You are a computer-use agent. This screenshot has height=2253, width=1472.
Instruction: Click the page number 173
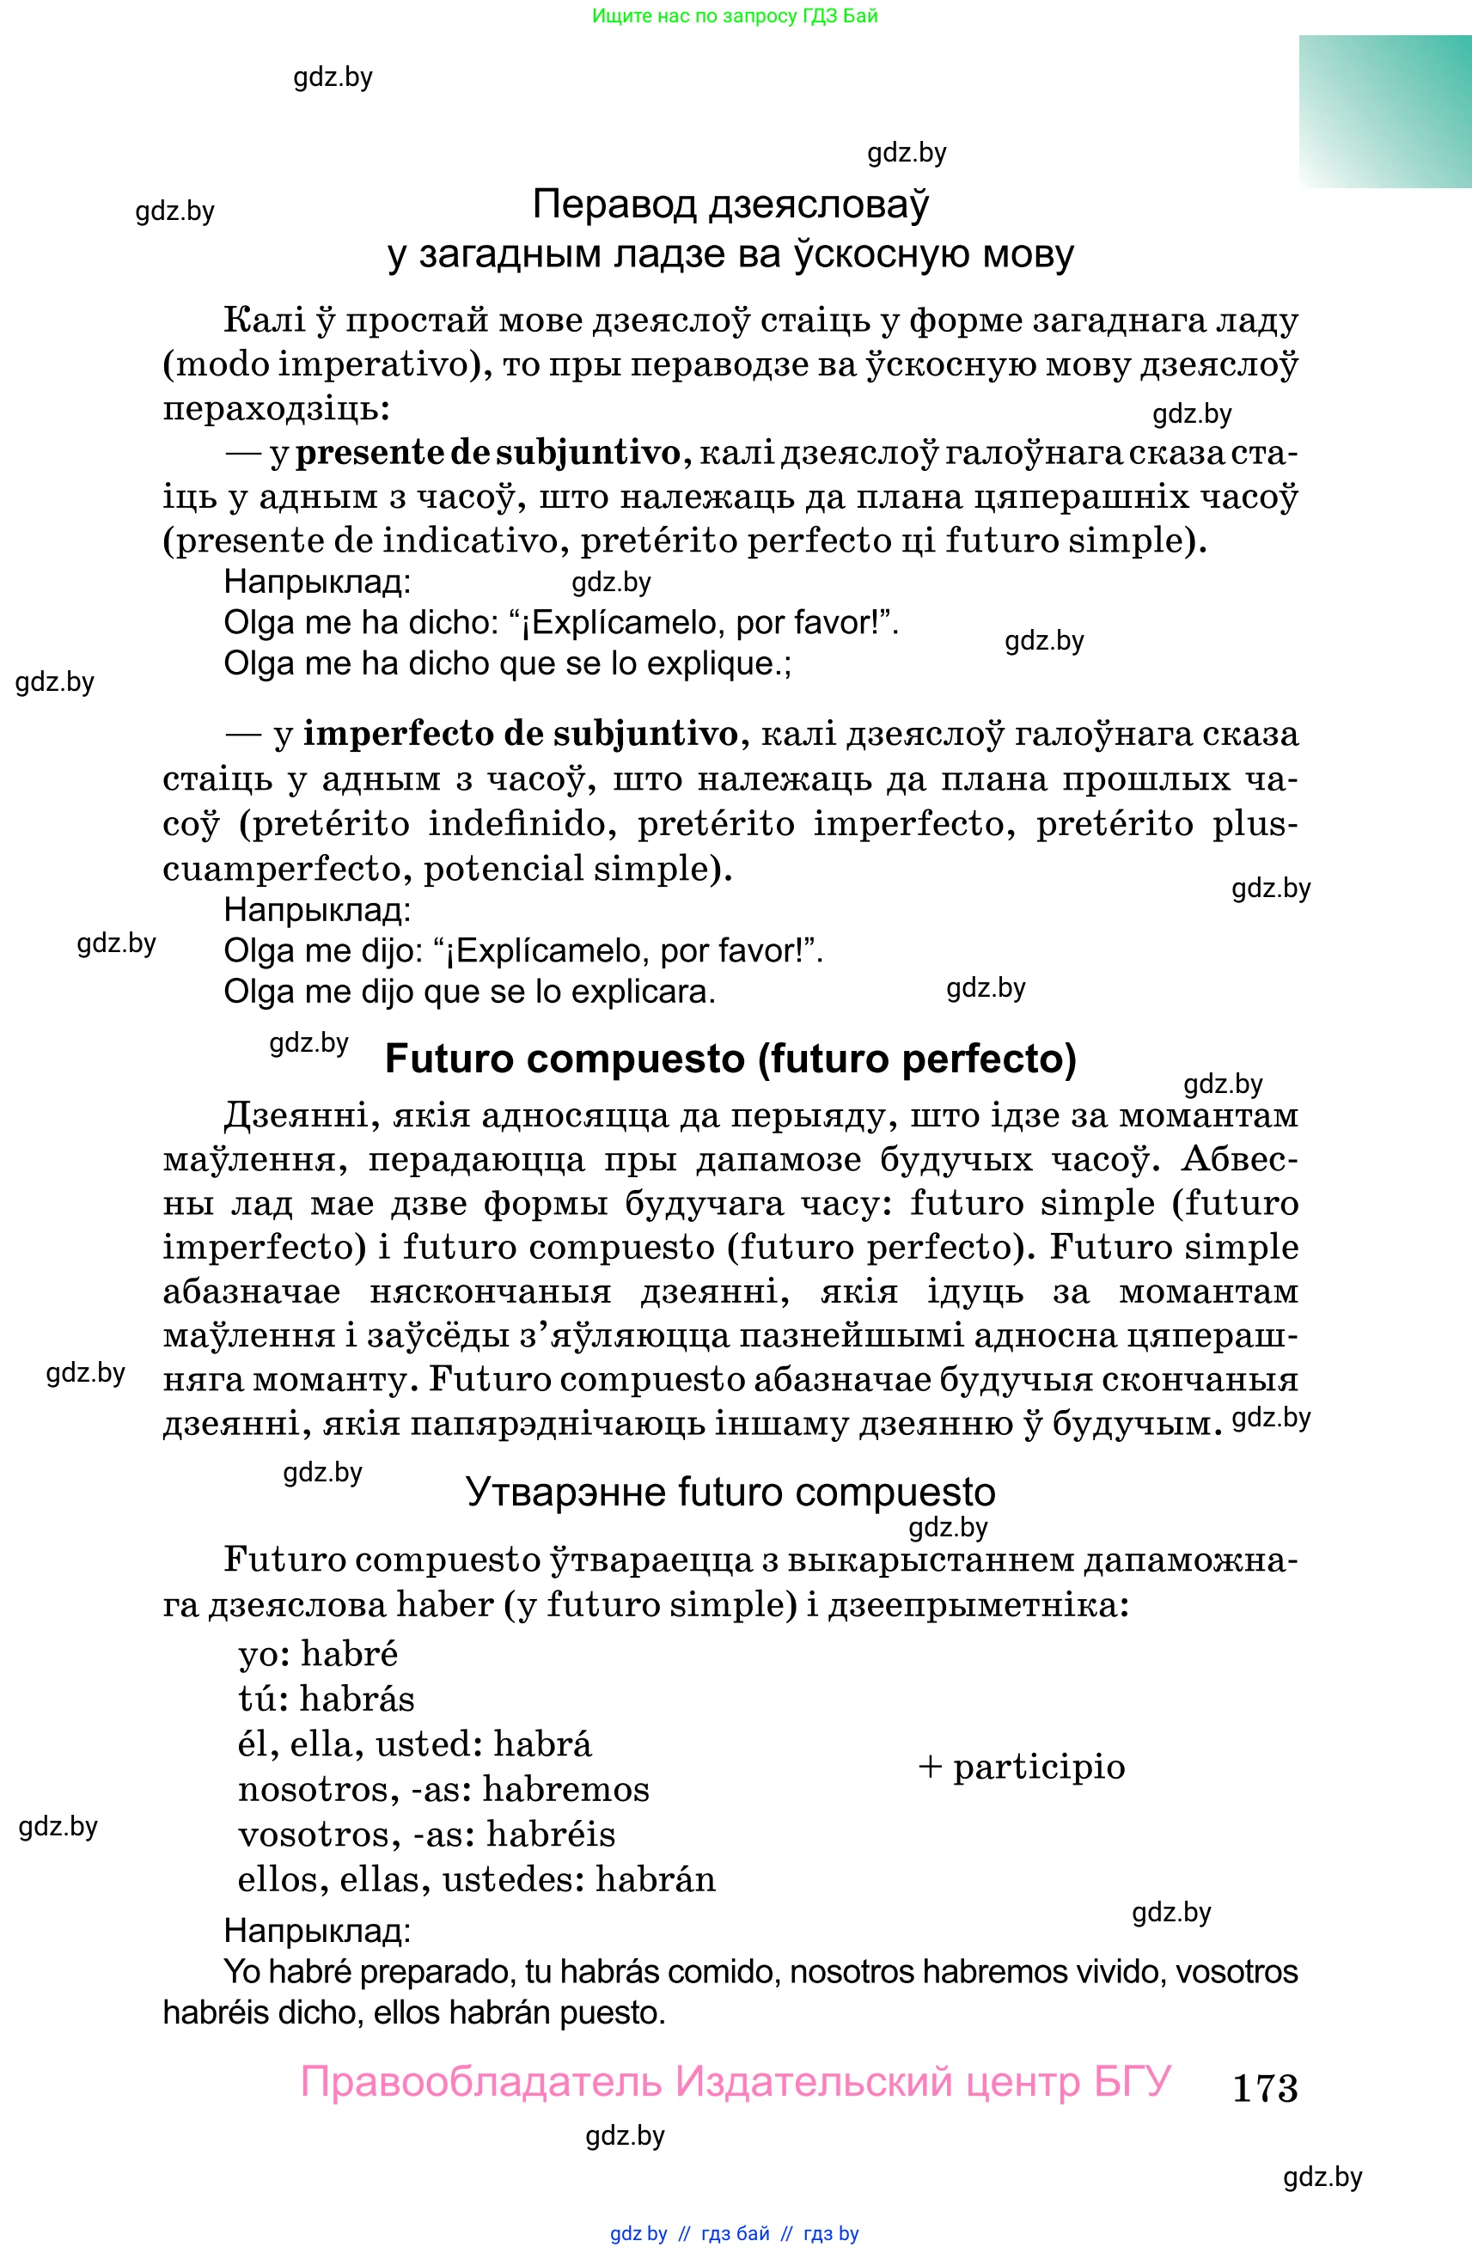point(1265,2087)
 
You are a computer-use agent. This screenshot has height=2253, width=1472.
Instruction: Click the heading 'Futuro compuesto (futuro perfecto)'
point(730,1059)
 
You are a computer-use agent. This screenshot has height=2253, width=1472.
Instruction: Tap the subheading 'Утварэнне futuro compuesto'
point(730,1492)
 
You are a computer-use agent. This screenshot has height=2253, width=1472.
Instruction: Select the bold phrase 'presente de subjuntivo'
point(487,454)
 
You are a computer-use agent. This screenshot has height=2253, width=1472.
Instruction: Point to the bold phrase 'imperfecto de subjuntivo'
point(520,735)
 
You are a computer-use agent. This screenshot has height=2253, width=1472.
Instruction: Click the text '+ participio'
point(1022,1767)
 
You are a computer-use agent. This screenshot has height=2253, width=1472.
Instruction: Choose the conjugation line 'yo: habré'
point(318,1654)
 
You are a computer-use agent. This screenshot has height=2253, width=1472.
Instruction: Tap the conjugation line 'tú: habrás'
point(327,1698)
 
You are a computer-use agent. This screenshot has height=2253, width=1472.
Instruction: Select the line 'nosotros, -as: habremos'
point(443,1789)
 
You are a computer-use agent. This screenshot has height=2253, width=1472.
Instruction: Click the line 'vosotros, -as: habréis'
point(426,1835)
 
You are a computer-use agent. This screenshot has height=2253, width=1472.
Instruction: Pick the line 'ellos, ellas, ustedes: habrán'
point(476,1879)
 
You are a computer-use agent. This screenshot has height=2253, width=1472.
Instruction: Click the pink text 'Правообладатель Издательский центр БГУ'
point(736,2082)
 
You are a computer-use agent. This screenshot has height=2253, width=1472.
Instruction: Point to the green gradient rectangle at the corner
point(1385,112)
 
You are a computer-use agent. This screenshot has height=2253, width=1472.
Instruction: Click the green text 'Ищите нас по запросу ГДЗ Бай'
point(735,16)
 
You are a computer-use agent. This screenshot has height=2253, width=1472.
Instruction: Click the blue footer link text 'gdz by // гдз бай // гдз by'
point(735,2234)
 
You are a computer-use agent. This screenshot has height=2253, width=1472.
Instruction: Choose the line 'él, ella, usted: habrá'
point(415,1743)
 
